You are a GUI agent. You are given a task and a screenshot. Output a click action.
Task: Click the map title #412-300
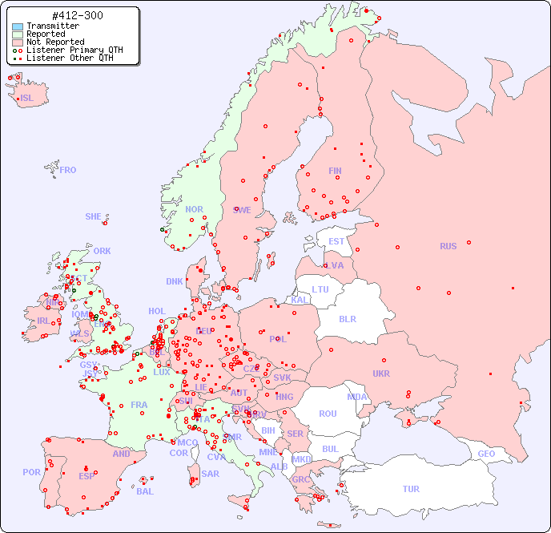point(76,16)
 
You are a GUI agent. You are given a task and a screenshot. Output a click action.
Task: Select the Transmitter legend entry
point(52,26)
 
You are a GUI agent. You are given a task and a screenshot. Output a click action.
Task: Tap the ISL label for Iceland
point(26,99)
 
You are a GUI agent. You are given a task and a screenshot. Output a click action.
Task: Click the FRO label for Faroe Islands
point(68,170)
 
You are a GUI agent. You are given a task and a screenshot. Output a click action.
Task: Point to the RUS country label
point(448,246)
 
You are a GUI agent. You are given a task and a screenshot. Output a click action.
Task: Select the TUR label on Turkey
point(411,489)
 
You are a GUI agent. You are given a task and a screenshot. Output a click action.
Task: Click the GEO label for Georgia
point(486,454)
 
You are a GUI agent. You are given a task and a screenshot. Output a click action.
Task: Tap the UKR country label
point(381,374)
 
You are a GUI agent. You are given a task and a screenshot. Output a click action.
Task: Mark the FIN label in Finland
point(335,171)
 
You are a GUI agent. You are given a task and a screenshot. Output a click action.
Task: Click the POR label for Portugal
point(31,472)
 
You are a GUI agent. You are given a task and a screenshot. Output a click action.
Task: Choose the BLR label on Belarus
point(348,318)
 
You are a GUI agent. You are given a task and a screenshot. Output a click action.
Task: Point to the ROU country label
point(328,414)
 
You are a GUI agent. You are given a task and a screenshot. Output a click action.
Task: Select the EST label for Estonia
point(336,241)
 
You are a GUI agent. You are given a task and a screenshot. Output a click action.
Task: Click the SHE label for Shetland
point(94,216)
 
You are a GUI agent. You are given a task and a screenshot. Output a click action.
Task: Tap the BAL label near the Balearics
point(144,491)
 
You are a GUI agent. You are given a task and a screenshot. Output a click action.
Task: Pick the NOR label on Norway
point(195,209)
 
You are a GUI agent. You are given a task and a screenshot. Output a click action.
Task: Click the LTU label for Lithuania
point(320,289)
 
